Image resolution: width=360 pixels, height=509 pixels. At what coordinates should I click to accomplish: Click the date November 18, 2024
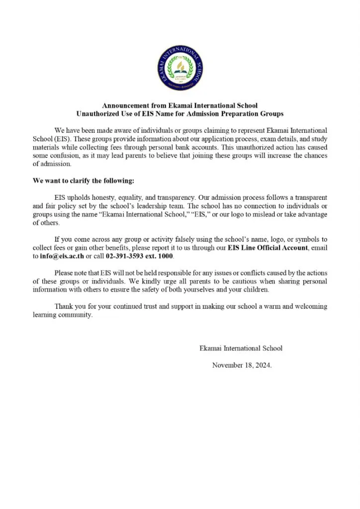(x=242, y=365)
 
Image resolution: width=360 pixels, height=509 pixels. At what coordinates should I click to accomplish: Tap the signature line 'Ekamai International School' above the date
(x=241, y=348)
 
